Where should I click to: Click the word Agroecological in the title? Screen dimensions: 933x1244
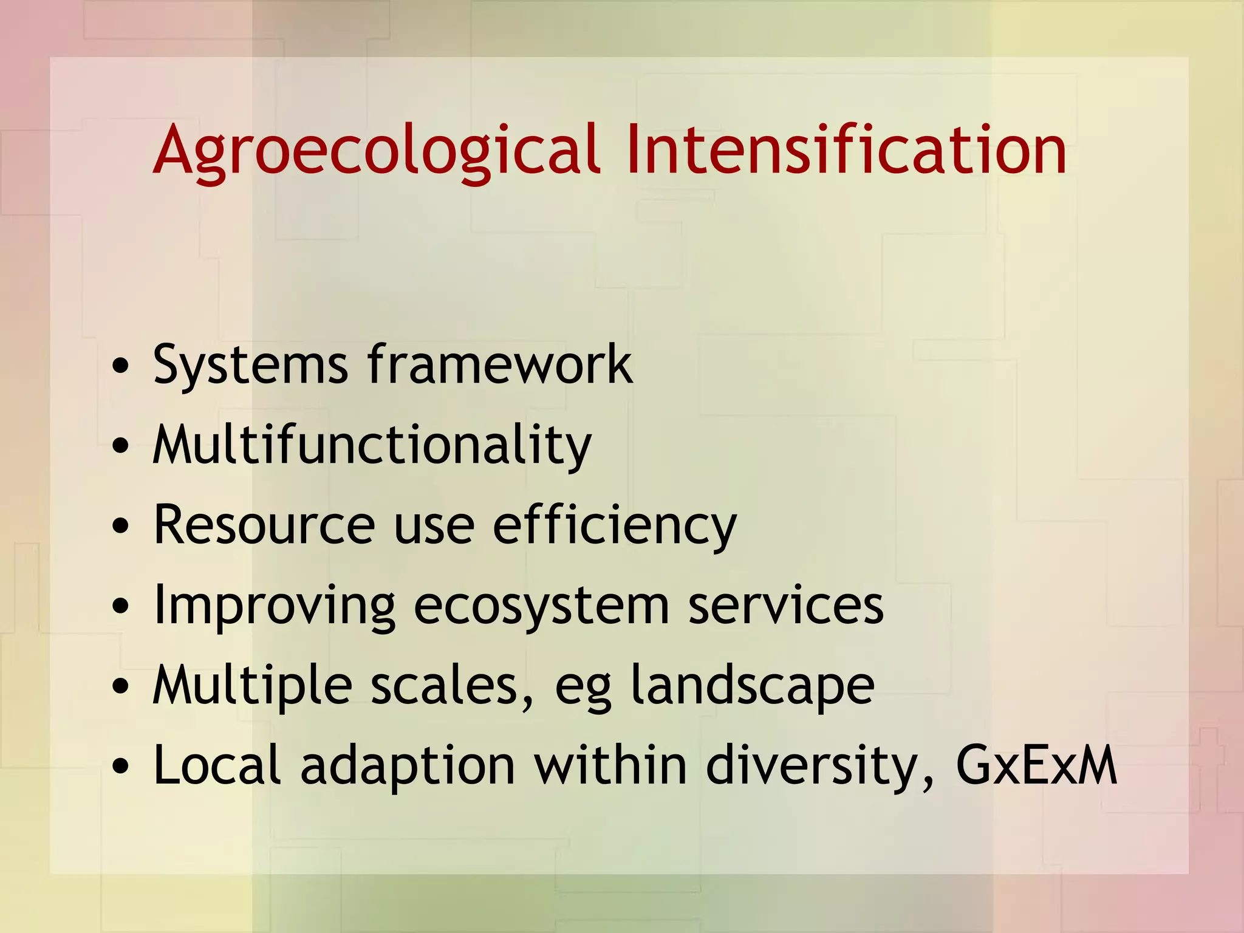click(x=377, y=150)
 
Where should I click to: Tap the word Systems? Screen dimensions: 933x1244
click(x=250, y=364)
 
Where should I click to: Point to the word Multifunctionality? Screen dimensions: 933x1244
click(x=372, y=445)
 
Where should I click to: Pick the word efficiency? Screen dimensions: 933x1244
click(x=614, y=525)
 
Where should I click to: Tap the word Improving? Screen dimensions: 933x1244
click(x=275, y=606)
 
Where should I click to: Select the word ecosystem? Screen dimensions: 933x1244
click(x=541, y=606)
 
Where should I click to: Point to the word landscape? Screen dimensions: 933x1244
click(x=752, y=686)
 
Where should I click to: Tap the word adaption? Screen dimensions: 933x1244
click(x=408, y=766)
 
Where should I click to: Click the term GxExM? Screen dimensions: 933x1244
click(x=1036, y=765)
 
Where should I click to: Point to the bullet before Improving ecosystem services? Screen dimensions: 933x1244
click(x=121, y=606)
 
